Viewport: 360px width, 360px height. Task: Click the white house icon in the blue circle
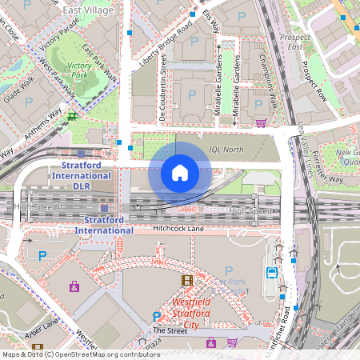click(180, 172)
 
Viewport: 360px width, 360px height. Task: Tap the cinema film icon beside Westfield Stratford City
click(187, 280)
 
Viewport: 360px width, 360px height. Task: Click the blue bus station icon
click(272, 272)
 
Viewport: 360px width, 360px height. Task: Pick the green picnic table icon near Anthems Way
click(73, 116)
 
